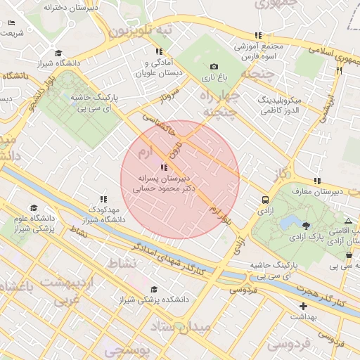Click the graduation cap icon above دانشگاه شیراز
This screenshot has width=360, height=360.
pyautogui.click(x=58, y=53)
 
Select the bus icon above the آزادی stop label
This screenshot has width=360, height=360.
pyautogui.click(x=264, y=199)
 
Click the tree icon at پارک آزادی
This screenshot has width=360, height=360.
pyautogui.click(x=306, y=226)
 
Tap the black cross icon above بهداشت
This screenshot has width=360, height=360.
pyautogui.click(x=303, y=306)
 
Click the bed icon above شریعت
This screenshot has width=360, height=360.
pyautogui.click(x=11, y=23)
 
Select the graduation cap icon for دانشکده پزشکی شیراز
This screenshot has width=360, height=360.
pyautogui.click(x=154, y=289)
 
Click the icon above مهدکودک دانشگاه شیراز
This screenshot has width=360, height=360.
pyautogui.click(x=104, y=200)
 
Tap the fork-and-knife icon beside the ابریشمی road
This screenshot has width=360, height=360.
pyautogui.click(x=339, y=70)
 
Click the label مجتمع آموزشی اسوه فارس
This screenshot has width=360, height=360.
pyautogui.click(x=258, y=49)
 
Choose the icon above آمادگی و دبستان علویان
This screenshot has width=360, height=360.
pyautogui.click(x=159, y=52)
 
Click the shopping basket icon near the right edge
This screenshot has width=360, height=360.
pyautogui.click(x=349, y=255)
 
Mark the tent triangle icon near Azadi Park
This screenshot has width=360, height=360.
pyautogui.click(x=349, y=221)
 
